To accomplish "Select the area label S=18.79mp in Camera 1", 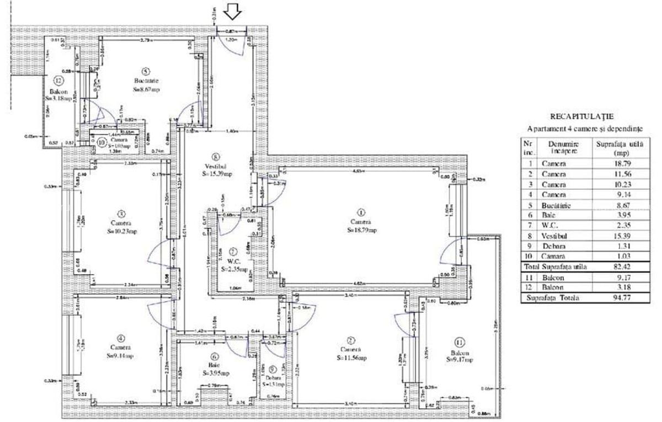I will pos(362,230).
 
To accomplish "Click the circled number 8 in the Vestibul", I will pos(215,156).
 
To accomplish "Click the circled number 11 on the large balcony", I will pos(459,340).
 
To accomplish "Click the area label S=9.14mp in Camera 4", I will pos(120,356).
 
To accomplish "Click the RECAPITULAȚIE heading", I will pos(582,116).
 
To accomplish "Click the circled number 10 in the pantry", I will pos(101,141).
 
